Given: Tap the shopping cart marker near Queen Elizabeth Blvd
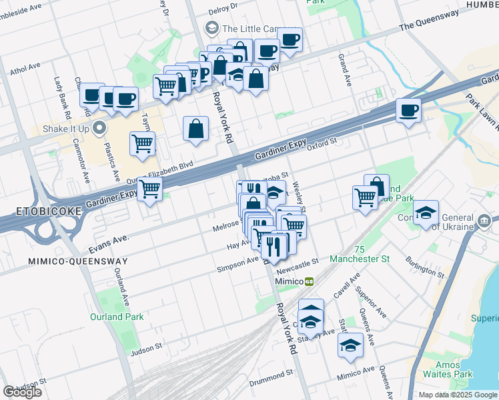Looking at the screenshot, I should click(x=149, y=190).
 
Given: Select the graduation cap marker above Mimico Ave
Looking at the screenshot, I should click(x=350, y=345).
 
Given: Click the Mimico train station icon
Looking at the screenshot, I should click(x=310, y=281).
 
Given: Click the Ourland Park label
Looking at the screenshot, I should click(x=117, y=317).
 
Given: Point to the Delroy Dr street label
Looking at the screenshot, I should click(x=223, y=10).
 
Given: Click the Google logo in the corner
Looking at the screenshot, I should click(x=22, y=391).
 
